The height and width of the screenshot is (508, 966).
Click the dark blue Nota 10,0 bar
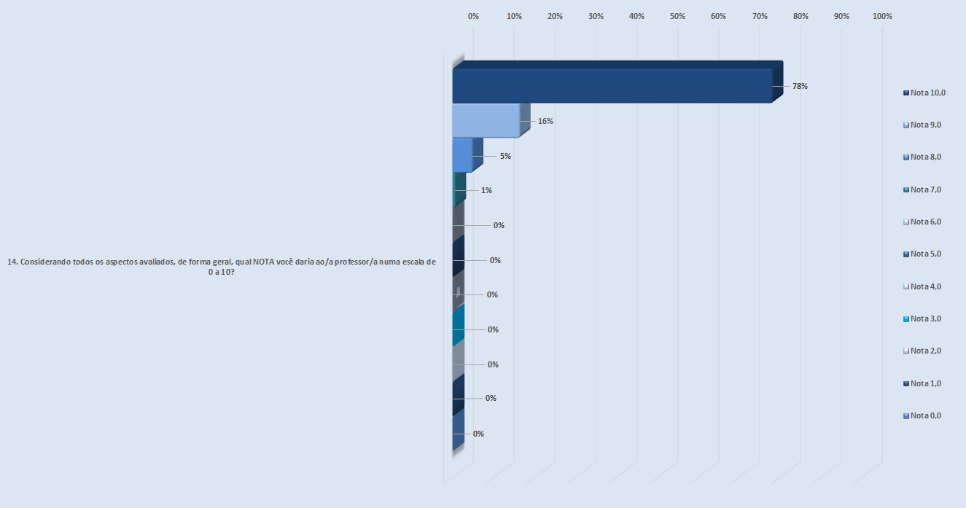612,85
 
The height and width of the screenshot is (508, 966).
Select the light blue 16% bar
486,120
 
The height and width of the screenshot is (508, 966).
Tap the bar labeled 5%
462,155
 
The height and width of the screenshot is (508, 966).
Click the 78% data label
800,86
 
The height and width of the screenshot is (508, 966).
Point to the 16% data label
545,121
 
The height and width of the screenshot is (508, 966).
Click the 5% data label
505,156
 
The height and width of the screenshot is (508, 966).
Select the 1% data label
486,190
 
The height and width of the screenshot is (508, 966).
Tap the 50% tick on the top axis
677,16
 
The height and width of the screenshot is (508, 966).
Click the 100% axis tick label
882,16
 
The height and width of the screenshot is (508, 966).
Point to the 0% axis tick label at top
473,16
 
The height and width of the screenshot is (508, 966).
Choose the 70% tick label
760,16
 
